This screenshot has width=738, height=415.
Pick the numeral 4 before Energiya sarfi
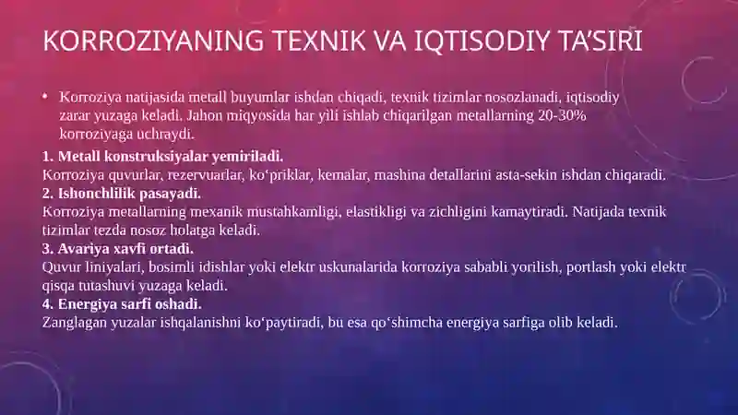pos(47,304)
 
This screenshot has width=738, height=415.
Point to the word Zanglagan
pos(77,323)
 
